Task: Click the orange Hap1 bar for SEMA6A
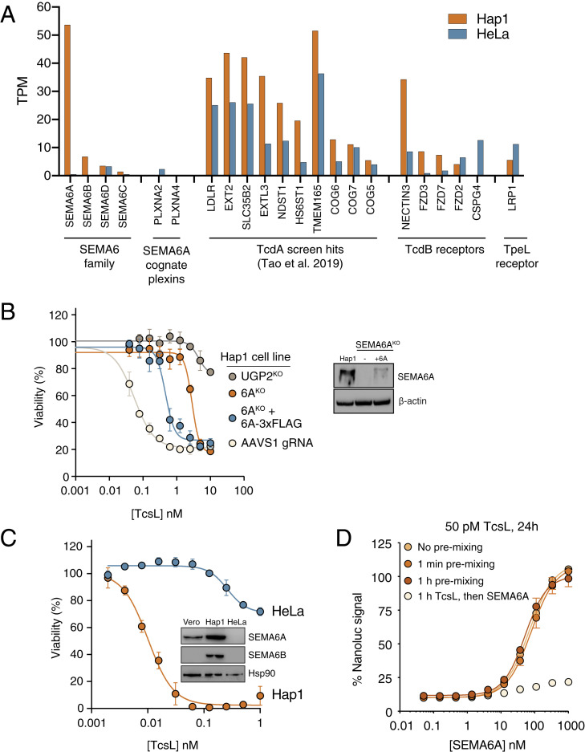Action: click(67, 100)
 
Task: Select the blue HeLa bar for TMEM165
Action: click(321, 124)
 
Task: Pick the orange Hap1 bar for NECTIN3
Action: click(404, 128)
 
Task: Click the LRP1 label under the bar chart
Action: click(513, 199)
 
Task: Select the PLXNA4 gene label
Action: click(176, 205)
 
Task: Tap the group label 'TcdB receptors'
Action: click(445, 250)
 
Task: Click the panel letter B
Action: click(8, 311)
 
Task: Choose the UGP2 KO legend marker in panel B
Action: click(232, 376)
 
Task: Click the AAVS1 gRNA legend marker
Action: click(232, 443)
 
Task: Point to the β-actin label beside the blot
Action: click(412, 401)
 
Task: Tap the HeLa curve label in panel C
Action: click(288, 611)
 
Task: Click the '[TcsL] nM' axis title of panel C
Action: click(173, 745)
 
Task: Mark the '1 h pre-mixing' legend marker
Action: click(408, 581)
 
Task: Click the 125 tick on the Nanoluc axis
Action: click(382, 544)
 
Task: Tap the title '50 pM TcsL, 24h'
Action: click(490, 526)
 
